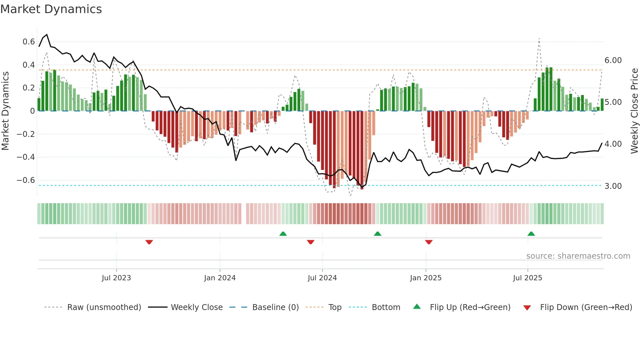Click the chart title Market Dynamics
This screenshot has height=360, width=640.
(51, 9)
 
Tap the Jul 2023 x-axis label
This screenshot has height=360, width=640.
(116, 278)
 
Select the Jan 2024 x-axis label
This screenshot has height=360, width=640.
(220, 278)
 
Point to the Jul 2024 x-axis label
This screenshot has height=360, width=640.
(322, 278)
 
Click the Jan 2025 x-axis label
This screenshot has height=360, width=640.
(426, 278)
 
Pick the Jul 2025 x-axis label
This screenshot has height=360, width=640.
(527, 278)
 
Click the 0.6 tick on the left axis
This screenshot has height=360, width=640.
(29, 42)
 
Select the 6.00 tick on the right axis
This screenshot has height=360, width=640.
(613, 60)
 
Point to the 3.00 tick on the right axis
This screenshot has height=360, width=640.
(613, 186)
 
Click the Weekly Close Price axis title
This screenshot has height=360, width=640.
(634, 111)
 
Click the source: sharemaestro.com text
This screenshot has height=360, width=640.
(578, 256)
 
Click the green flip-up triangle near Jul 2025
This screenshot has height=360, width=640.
(531, 234)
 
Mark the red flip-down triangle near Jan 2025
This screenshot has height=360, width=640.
(429, 242)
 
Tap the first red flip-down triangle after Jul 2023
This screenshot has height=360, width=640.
(149, 242)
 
